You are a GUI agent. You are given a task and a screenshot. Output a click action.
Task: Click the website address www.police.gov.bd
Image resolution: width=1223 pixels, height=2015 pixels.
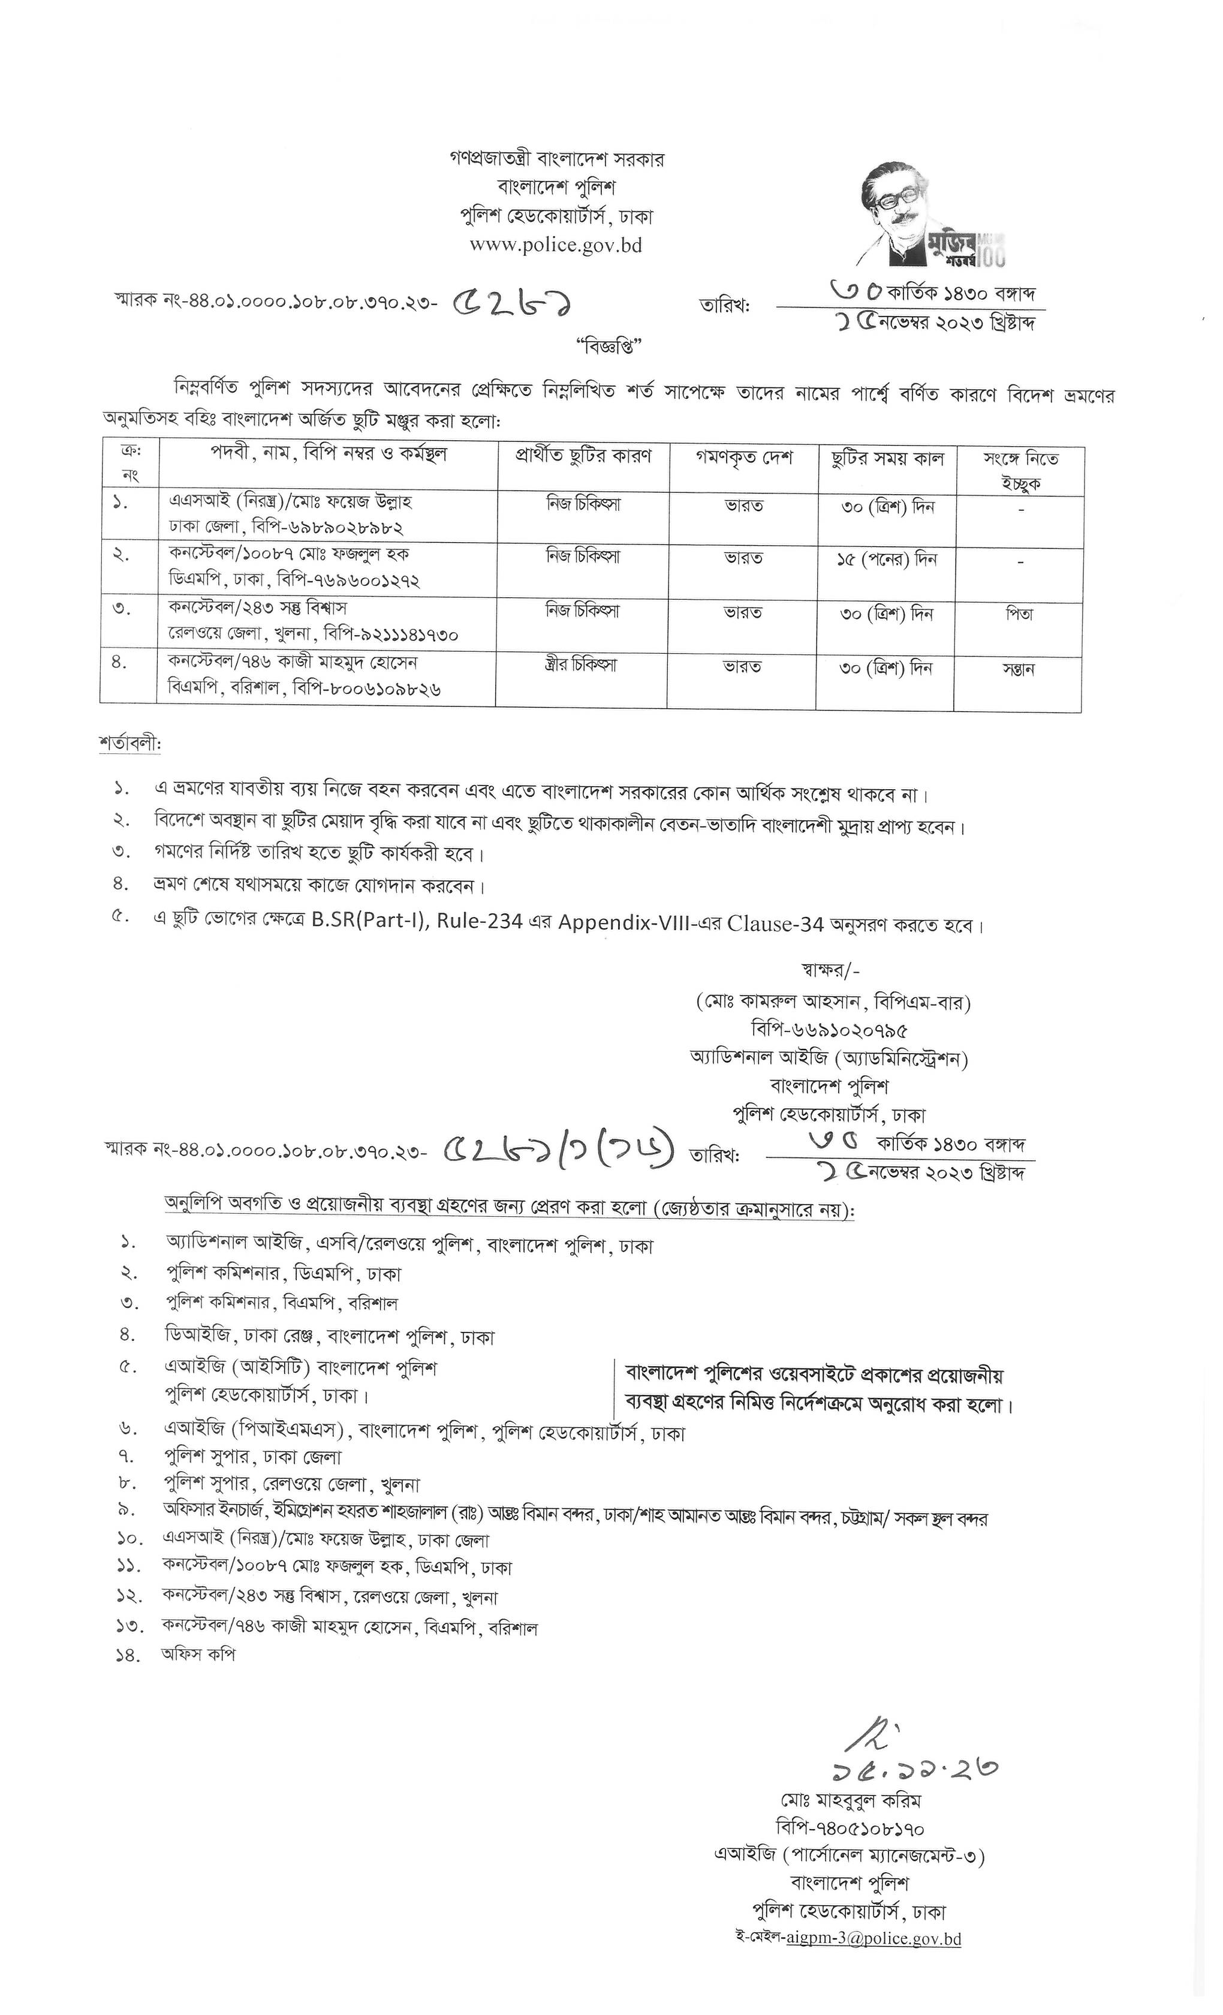(555, 245)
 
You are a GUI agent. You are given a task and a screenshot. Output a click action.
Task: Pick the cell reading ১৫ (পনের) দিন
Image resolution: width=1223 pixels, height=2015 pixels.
(886, 560)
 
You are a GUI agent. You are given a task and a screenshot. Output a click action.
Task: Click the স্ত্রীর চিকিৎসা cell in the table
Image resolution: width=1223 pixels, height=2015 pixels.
(582, 665)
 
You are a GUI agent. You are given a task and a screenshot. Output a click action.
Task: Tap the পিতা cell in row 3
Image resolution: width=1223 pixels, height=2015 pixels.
(1019, 613)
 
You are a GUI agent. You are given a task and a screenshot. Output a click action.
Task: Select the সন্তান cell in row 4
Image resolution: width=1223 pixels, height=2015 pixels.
(1019, 668)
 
